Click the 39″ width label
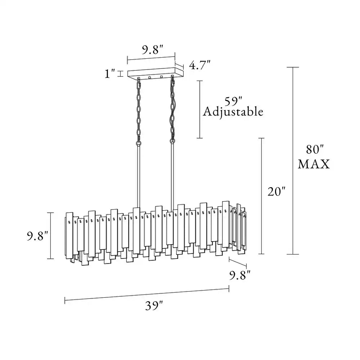pos(154,306)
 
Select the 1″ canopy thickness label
pos(109,73)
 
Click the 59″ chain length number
pos(233,102)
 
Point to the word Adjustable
pos(233,112)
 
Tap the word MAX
pos(314,164)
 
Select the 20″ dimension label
pos(276,192)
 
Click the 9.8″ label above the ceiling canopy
pos(153,50)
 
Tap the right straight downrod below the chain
pos(172,177)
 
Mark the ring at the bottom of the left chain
pos(139,144)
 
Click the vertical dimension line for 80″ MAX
pos(293,161)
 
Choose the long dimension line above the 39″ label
pos(147,294)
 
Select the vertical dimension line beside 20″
pos(261,196)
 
